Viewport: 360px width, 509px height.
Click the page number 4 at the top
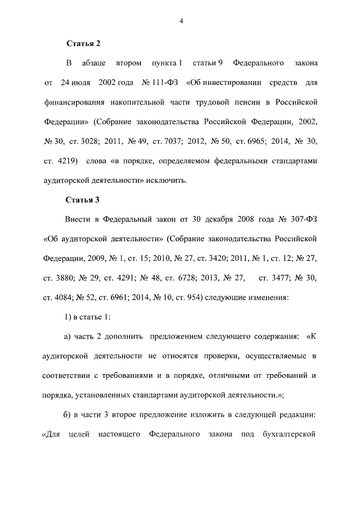[181, 21]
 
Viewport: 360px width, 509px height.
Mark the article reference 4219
[66, 161]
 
